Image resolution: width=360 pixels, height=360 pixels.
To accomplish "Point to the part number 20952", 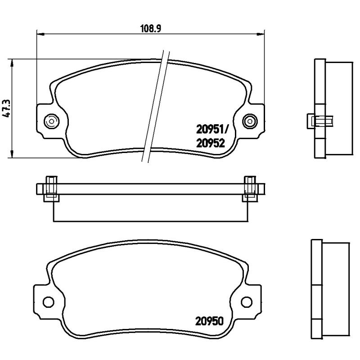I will coord(211,143).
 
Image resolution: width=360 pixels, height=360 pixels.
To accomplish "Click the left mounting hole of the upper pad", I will coord(51,121).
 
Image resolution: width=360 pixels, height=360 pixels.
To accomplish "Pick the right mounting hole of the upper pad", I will coord(249,121).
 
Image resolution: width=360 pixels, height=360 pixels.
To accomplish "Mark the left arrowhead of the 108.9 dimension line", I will coord(39,33).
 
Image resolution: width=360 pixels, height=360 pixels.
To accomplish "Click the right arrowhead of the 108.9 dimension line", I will coord(262,33).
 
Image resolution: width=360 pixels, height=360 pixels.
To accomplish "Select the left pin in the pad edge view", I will coord(51,189).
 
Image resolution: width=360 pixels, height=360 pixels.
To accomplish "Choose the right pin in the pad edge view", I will coord(249,189).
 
